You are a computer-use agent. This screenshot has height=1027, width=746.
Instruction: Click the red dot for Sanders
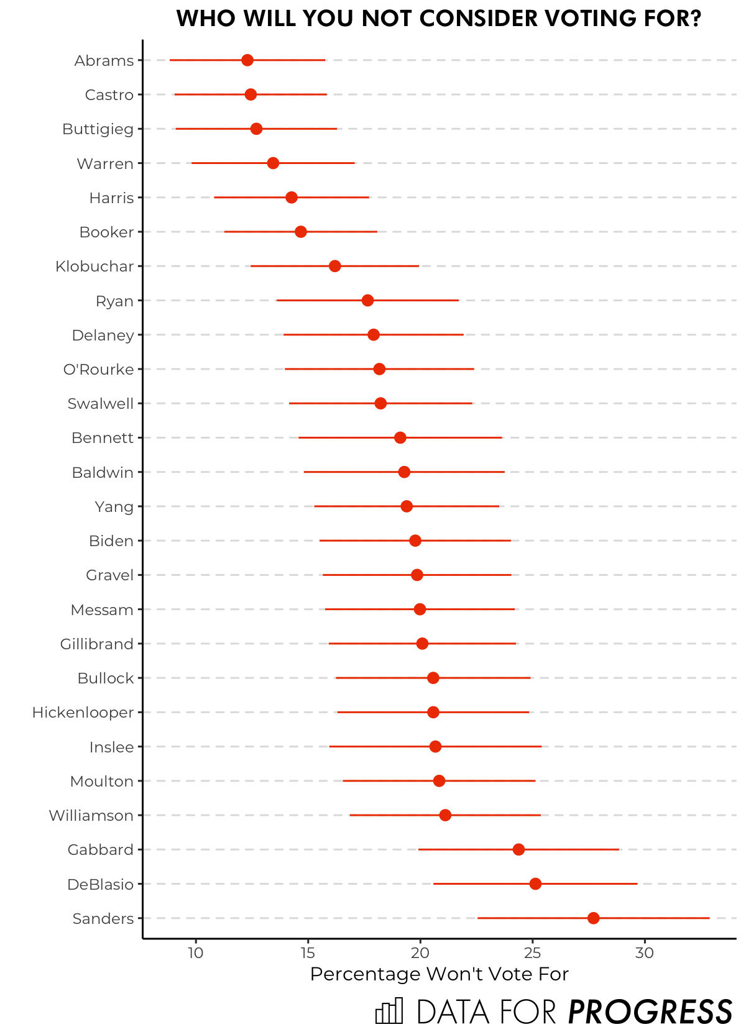pos(593,918)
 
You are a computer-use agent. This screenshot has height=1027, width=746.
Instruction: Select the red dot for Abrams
pos(247,60)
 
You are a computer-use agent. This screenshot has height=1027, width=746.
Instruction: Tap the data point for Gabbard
pos(518,849)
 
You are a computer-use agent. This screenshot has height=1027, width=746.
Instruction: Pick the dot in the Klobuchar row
pos(334,266)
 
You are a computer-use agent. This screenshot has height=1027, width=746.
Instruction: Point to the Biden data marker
pos(415,541)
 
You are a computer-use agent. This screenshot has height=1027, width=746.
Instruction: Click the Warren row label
pos(105,163)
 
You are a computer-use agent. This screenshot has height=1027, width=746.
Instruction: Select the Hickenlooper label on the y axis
pos(83,712)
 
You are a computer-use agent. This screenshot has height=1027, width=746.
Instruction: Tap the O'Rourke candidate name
pos(98,369)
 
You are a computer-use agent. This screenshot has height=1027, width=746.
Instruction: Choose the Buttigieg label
pos(98,129)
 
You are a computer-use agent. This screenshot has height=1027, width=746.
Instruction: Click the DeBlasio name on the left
pos(100,884)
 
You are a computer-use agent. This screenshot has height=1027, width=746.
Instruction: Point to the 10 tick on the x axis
pos(196,953)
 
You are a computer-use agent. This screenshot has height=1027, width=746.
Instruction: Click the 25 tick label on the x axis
pos(532,953)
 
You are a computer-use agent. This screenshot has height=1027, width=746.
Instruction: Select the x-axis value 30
pos(645,953)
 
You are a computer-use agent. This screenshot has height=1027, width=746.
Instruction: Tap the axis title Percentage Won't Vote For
pos(439,974)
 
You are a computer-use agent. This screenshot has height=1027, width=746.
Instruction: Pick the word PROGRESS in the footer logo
pos(650,1011)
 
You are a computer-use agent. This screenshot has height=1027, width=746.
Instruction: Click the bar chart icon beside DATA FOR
pos(389,1011)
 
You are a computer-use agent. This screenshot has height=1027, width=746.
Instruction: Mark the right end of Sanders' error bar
pos(709,918)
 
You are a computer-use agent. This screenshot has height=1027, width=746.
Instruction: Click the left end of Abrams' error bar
pos(170,60)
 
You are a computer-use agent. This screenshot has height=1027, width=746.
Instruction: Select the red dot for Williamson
pos(445,815)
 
